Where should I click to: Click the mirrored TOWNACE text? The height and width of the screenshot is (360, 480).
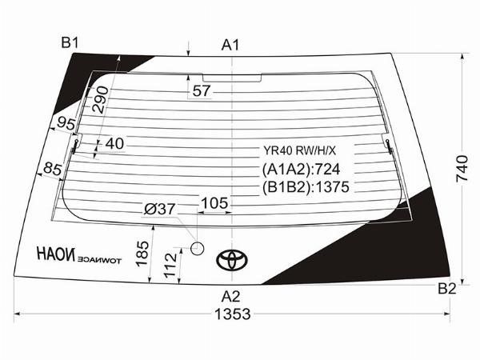click(x=99, y=261)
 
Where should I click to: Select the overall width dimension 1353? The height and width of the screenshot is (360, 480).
click(x=233, y=314)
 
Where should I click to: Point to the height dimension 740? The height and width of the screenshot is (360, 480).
click(x=462, y=169)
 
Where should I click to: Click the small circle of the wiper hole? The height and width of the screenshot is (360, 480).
click(x=197, y=248)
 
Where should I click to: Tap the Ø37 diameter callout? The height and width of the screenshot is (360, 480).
click(x=159, y=210)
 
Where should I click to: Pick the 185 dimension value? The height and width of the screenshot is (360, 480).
click(x=142, y=254)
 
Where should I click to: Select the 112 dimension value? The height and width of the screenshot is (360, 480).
click(x=170, y=266)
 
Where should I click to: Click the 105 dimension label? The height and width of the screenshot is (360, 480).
click(x=214, y=203)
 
